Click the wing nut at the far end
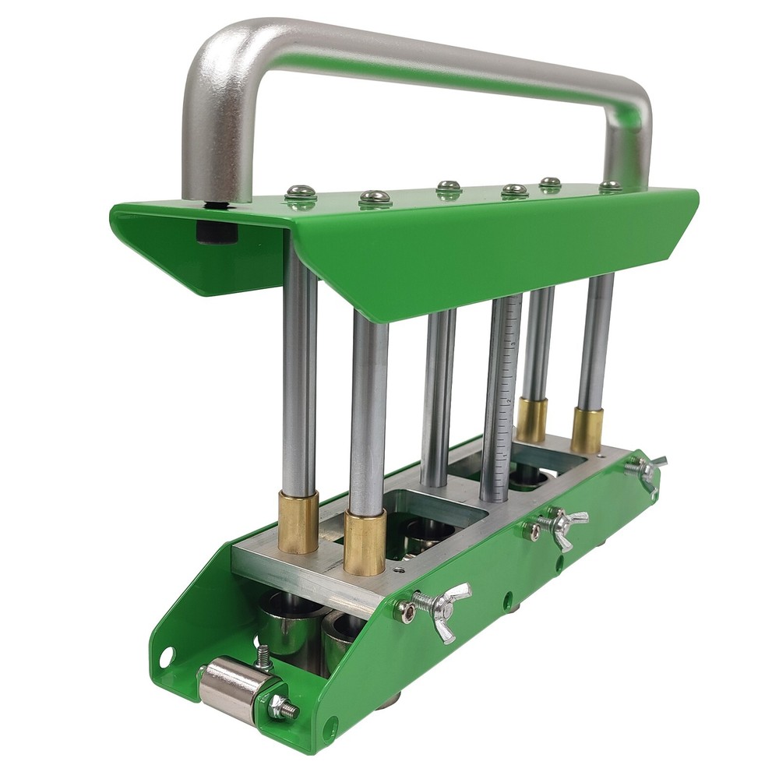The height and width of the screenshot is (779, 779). tap(647, 470)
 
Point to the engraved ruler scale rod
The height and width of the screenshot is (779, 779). tap(501, 397)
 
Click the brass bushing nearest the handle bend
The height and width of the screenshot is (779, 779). tap(298, 522)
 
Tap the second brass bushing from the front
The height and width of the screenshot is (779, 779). tap(365, 541)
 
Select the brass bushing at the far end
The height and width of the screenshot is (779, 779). tap(587, 429)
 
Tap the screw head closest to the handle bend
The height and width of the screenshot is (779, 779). tap(301, 191)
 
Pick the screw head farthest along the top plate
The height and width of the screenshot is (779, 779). tap(610, 186)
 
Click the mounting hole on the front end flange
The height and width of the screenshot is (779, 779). tap(166, 657)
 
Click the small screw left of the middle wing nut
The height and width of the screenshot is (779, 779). tap(534, 532)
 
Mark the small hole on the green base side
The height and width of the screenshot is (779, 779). tap(507, 598)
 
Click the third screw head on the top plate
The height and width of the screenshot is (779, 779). tap(449, 187)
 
